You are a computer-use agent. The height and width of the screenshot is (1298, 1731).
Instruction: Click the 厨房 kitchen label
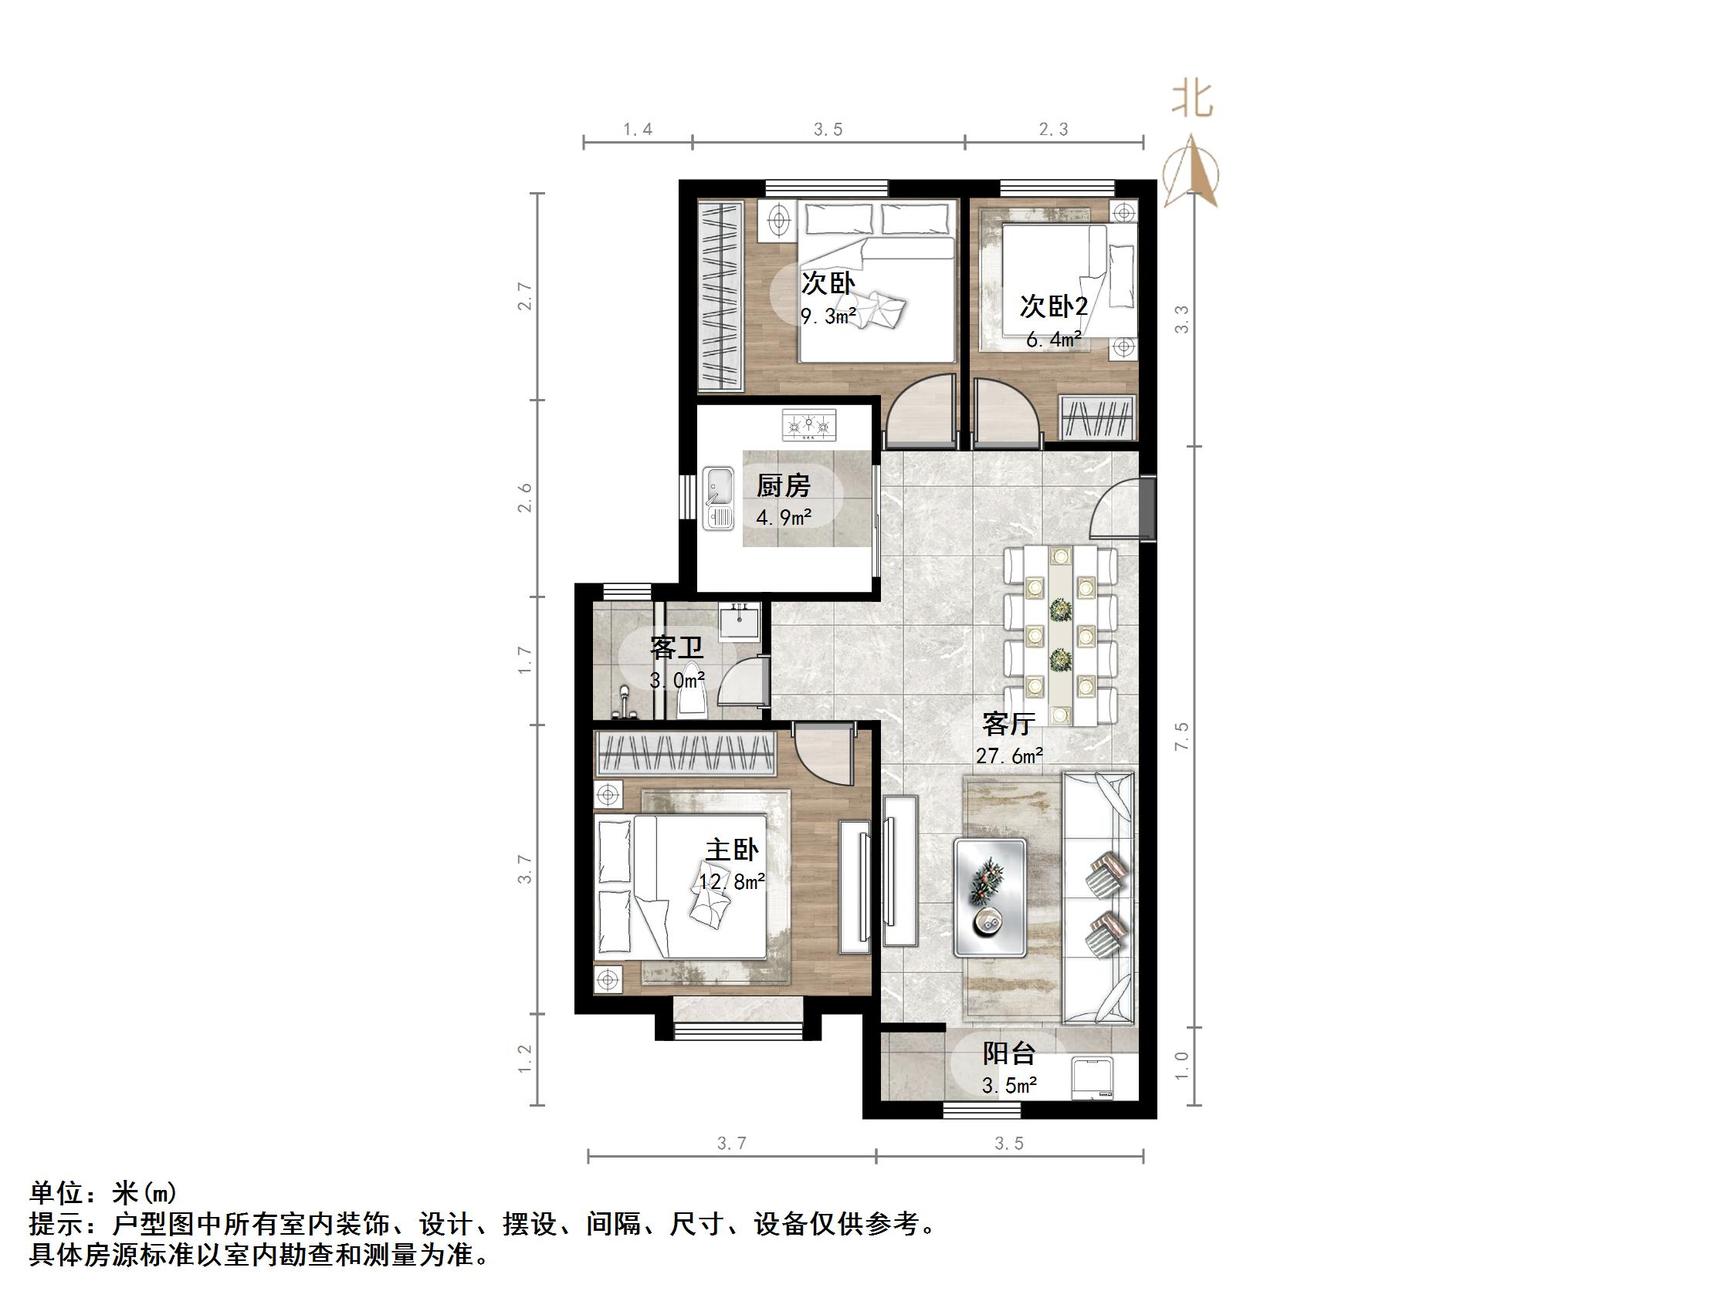click(783, 486)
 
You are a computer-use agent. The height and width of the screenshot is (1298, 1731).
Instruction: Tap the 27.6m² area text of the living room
click(1008, 755)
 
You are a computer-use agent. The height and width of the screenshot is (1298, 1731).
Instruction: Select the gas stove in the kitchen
click(808, 425)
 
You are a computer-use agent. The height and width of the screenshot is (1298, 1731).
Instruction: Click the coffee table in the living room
click(990, 897)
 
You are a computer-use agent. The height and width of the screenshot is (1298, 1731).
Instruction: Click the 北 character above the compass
click(1192, 100)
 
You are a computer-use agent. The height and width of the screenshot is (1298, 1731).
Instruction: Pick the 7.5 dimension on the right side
click(1181, 736)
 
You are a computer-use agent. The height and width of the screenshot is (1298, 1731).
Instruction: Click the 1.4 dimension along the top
click(638, 129)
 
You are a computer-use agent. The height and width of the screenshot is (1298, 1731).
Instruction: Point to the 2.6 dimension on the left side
click(525, 498)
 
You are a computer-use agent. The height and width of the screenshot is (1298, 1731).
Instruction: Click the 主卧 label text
click(732, 850)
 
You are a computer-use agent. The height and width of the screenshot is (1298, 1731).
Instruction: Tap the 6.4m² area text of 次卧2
click(1053, 340)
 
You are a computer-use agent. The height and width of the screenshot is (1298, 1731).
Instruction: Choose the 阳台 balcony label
click(1008, 1054)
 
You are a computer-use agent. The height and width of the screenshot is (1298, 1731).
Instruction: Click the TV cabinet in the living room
click(900, 870)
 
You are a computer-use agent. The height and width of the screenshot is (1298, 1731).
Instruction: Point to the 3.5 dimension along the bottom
click(1008, 1144)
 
